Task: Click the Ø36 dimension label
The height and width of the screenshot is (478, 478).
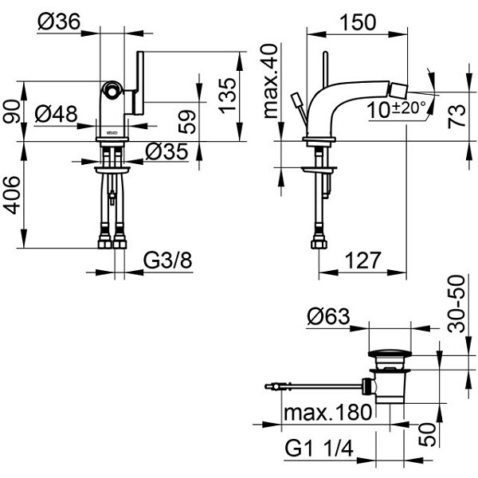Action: click(x=58, y=23)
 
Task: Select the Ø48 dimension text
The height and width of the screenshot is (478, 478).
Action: click(x=57, y=115)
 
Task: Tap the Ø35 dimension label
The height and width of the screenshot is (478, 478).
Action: click(x=167, y=151)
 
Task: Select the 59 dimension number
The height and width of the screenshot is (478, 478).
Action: click(x=186, y=121)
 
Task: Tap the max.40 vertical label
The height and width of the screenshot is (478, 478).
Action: click(x=271, y=80)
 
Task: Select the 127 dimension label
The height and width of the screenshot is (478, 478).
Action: click(x=362, y=261)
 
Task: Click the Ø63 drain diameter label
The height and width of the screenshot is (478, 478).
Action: click(x=327, y=317)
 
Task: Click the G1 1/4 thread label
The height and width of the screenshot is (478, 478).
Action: click(x=319, y=450)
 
